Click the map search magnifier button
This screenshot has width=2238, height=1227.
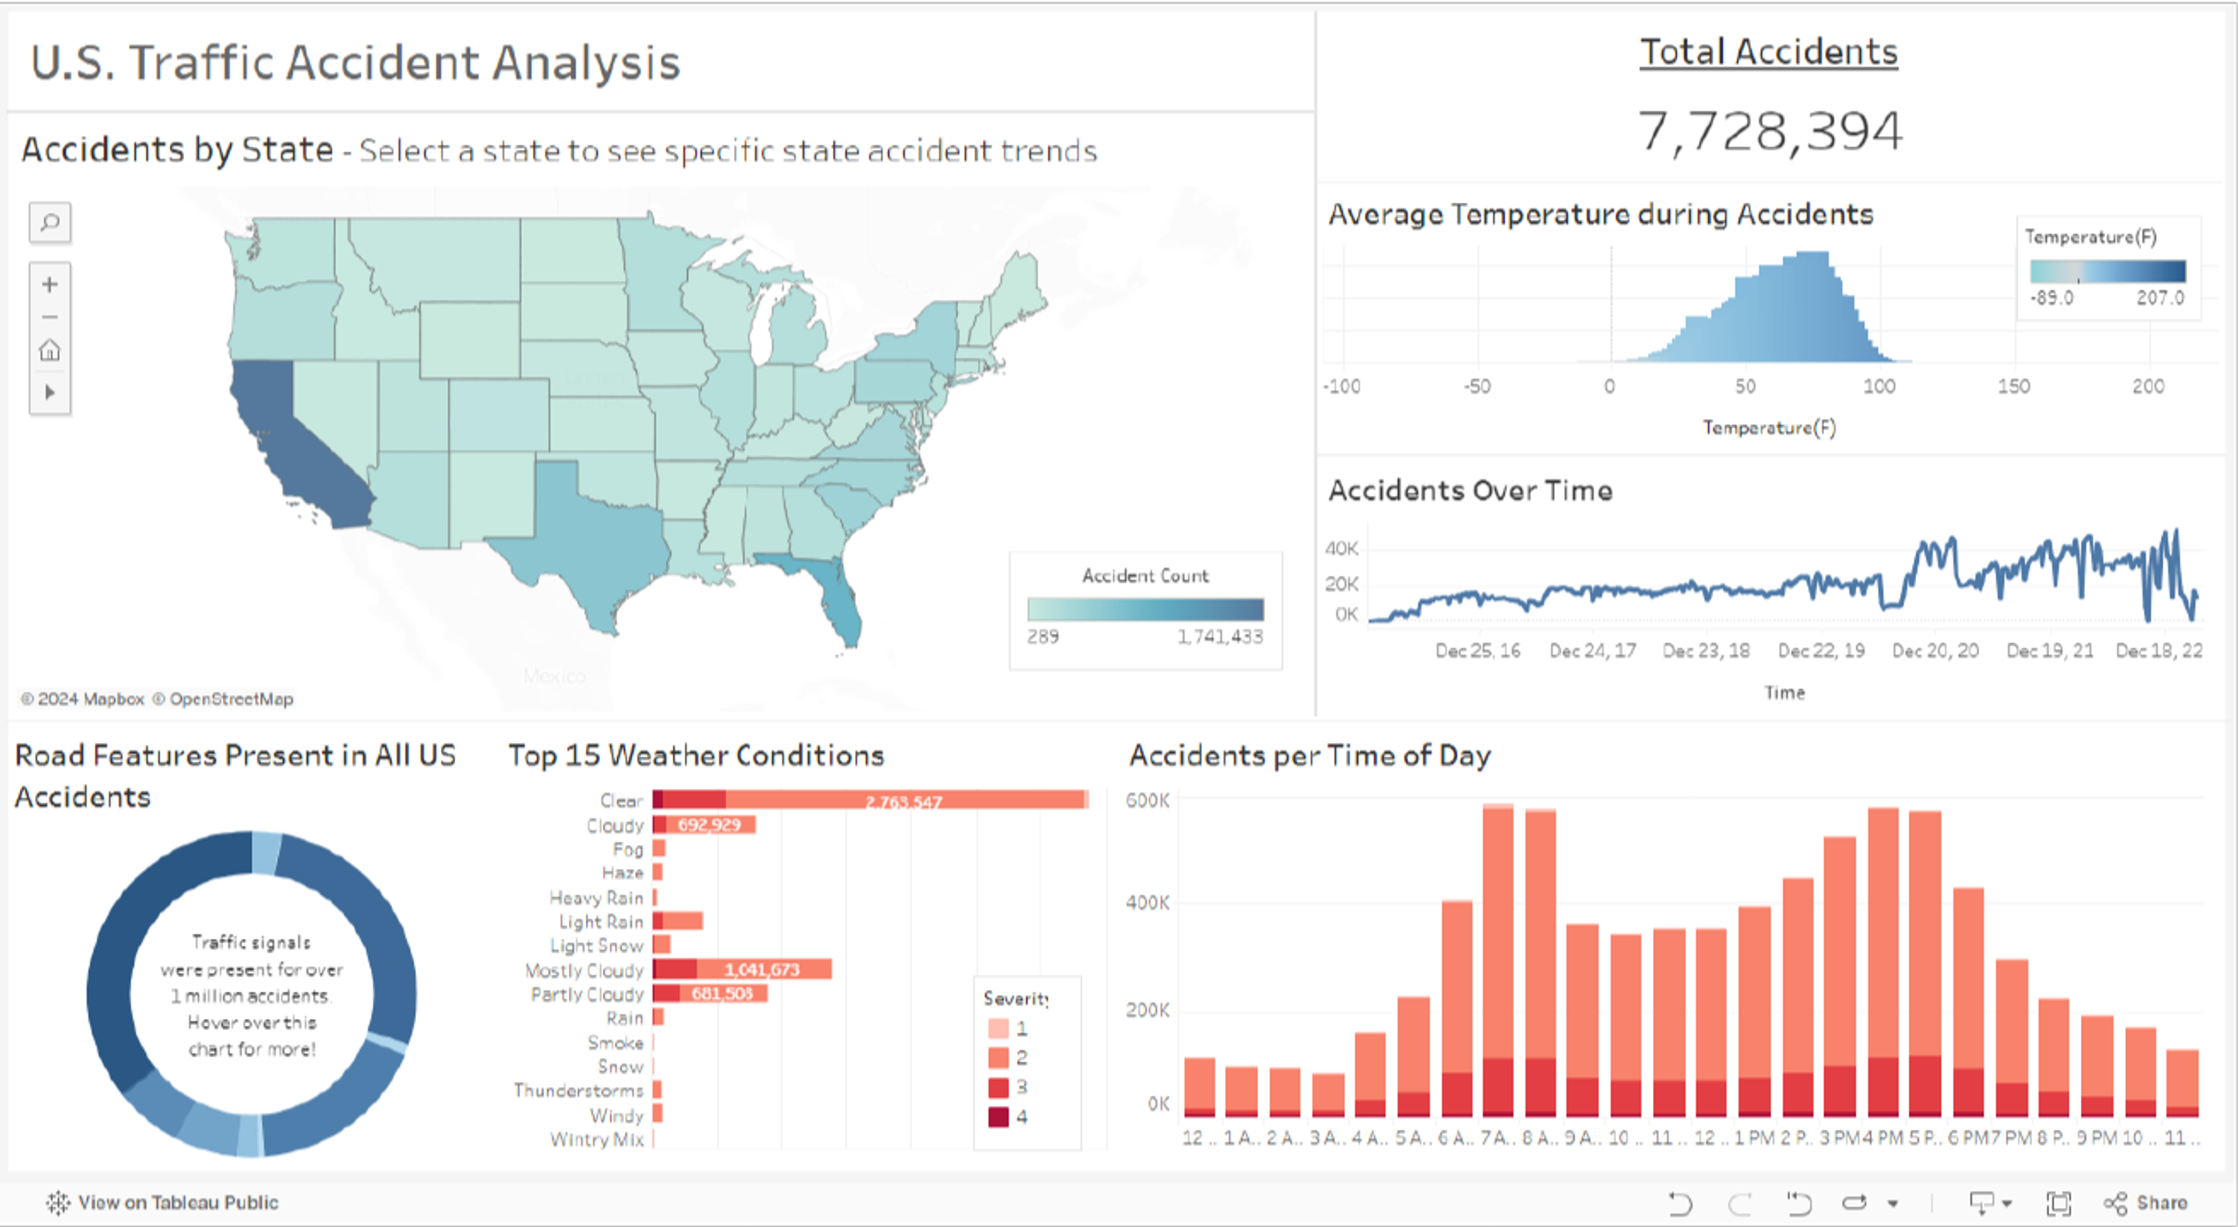coord(50,223)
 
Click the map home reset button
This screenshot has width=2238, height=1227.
coord(50,350)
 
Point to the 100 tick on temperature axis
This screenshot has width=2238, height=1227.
coord(1878,386)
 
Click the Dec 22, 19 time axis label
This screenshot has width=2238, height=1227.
coord(1821,650)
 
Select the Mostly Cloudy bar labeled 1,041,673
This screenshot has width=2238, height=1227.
coord(762,969)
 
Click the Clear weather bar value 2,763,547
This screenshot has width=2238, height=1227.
coord(903,801)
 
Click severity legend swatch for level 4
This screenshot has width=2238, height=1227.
coord(998,1117)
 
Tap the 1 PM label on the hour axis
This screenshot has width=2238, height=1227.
coord(1754,1137)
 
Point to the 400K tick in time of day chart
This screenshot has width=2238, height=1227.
coord(1147,903)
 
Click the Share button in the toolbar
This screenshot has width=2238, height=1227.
coord(2146,1203)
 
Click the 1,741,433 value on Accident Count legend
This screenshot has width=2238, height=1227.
coord(1220,636)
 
